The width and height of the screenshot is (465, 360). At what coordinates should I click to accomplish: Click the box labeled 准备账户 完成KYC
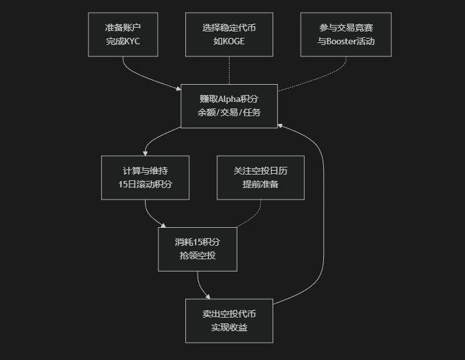point(123,34)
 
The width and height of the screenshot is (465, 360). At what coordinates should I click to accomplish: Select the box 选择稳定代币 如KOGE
point(229,34)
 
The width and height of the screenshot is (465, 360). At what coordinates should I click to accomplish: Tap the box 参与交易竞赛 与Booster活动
point(346,34)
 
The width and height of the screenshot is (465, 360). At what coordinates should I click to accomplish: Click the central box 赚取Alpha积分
point(229,105)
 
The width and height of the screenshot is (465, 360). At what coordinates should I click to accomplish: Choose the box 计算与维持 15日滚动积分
point(146,177)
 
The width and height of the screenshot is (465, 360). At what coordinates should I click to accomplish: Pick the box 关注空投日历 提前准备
point(260,177)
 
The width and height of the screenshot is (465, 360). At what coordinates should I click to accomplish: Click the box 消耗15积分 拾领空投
point(198,249)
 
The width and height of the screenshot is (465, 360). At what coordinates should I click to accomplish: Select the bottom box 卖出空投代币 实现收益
point(229,320)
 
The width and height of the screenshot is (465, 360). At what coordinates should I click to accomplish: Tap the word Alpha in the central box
point(228,99)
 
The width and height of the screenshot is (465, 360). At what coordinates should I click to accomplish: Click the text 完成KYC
point(123,41)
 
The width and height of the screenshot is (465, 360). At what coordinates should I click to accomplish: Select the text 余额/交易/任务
point(229,112)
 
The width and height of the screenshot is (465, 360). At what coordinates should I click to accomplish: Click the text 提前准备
point(260,184)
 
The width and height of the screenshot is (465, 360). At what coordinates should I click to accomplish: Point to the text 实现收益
point(229,327)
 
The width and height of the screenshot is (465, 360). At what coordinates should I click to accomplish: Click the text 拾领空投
point(198,256)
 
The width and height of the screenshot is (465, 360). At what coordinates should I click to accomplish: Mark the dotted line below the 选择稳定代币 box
point(229,71)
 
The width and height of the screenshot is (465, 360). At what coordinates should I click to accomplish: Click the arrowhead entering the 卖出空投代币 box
point(207,296)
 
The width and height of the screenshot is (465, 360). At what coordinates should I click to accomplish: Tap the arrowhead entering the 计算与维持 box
point(146,153)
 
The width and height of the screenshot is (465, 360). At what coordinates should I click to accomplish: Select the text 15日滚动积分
point(146,184)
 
